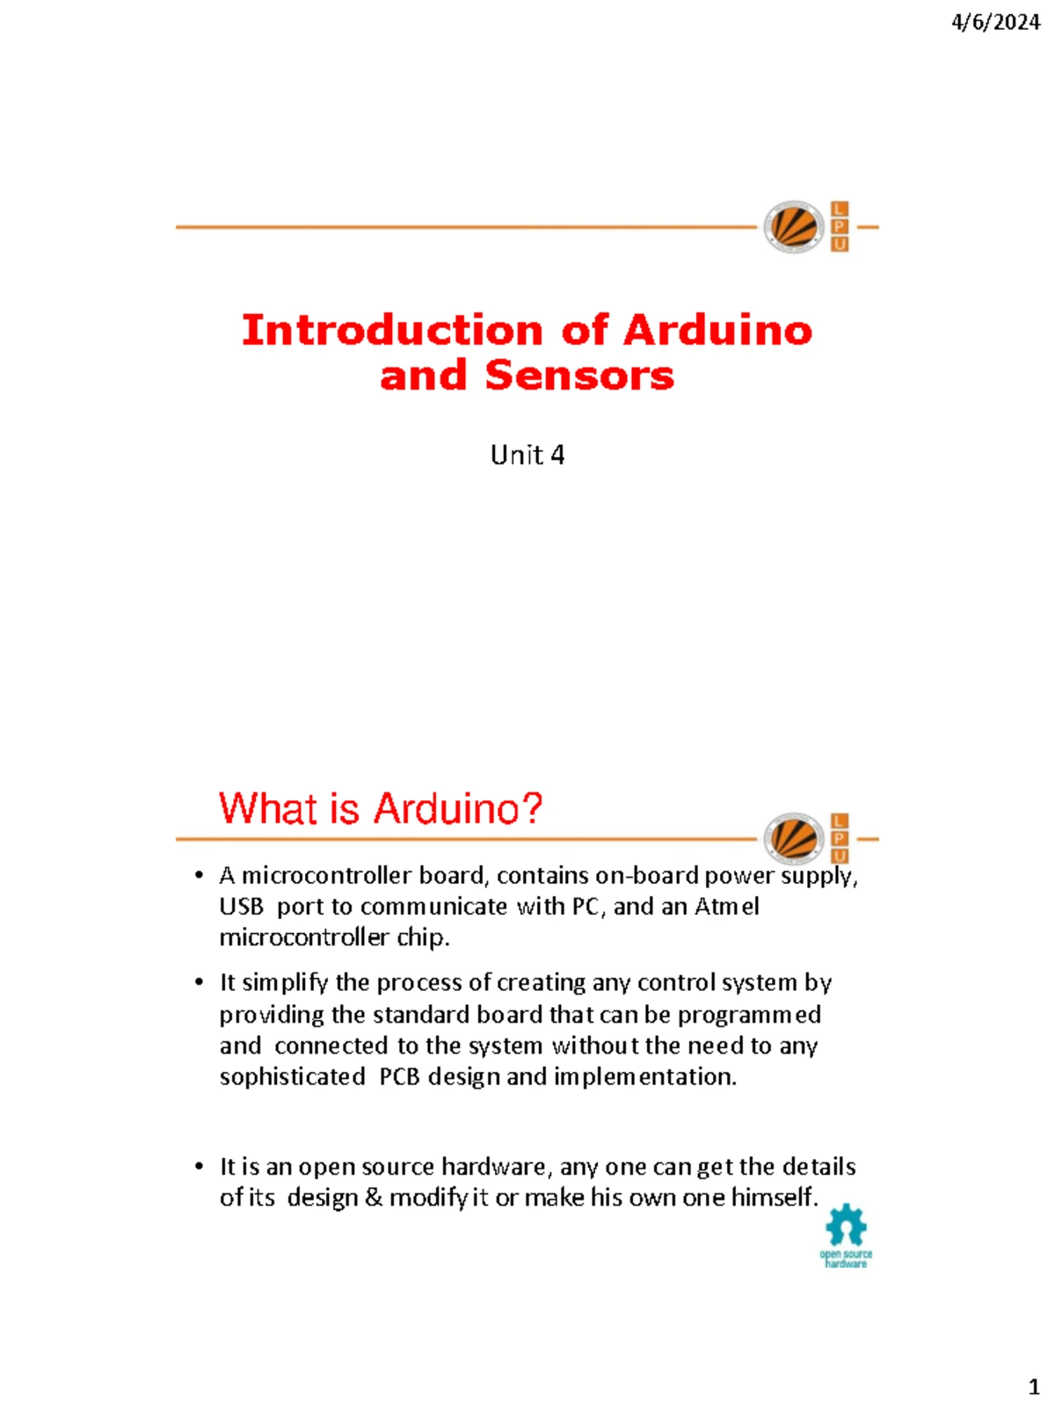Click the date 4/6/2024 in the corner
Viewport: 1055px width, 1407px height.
[995, 24]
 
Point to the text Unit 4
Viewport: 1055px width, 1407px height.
[527, 456]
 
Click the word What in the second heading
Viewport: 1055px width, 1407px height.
[270, 808]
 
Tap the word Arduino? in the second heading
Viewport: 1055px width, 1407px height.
[458, 808]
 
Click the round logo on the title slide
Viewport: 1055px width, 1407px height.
[793, 226]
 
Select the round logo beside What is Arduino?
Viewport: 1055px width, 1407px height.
[793, 838]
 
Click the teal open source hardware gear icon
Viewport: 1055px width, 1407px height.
[846, 1226]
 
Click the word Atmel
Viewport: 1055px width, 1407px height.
[726, 907]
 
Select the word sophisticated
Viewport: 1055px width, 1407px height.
[292, 1077]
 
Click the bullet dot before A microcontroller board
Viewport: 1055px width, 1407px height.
[200, 876]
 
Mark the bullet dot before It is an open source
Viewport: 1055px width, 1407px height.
[200, 1167]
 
